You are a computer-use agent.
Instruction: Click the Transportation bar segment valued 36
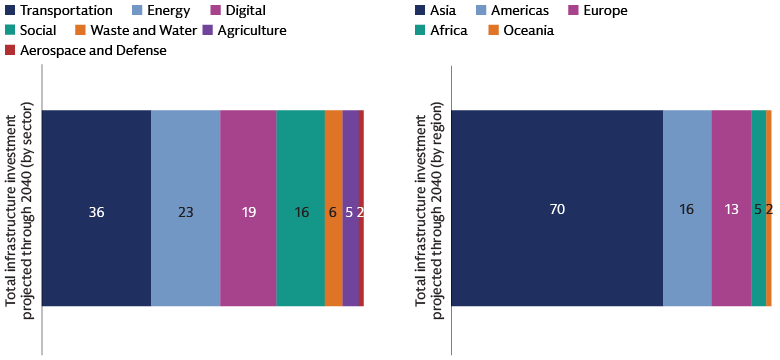point(96,208)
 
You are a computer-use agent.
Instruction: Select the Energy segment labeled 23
point(185,208)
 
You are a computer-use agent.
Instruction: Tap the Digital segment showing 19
point(248,208)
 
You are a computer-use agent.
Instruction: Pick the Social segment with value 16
point(300,208)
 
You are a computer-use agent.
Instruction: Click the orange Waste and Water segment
point(333,208)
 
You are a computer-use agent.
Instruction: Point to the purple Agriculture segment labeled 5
point(350,208)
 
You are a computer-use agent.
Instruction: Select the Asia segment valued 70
point(557,208)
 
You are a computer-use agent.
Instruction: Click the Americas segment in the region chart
point(687,208)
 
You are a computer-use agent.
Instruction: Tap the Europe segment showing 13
point(731,208)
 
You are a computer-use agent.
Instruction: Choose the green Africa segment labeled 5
point(758,208)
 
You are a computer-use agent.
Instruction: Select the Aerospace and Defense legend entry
point(85,50)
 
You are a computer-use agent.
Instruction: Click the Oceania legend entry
point(520,31)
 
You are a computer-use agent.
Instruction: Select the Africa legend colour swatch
point(421,31)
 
